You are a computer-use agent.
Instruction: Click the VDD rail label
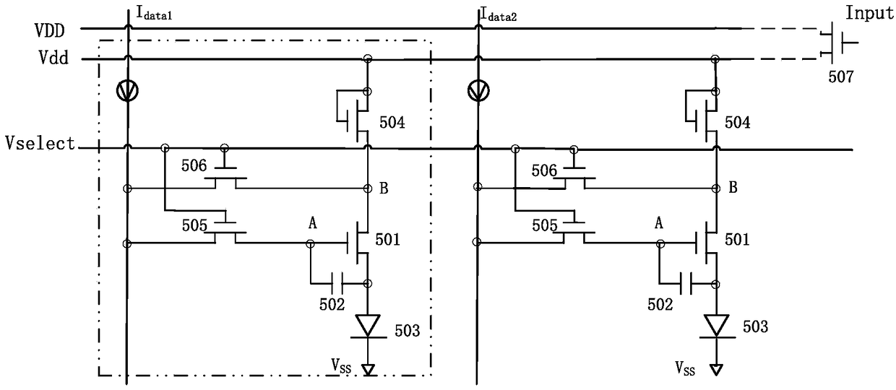click(x=50, y=31)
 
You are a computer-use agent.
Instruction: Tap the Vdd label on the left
click(x=53, y=58)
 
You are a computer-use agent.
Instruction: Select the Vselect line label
click(x=40, y=143)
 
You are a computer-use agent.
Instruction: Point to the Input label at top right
click(x=869, y=13)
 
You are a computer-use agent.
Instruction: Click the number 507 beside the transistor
click(x=841, y=77)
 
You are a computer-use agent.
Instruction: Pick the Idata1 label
click(x=154, y=14)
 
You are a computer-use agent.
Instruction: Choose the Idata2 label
click(x=499, y=14)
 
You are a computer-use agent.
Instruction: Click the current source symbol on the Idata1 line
click(x=128, y=91)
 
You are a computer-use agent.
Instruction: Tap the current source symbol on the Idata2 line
click(x=478, y=91)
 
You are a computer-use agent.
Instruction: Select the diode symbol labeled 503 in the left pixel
click(x=368, y=326)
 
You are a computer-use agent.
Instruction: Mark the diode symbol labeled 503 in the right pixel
click(x=716, y=326)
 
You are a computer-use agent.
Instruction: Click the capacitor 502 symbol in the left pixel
click(x=337, y=284)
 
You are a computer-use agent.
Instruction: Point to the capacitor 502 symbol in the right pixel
click(x=686, y=284)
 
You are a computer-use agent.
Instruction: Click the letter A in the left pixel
click(x=312, y=222)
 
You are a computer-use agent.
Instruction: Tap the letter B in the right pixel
click(x=733, y=187)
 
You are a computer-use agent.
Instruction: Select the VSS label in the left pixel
click(x=341, y=365)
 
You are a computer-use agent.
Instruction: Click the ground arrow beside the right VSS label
click(x=716, y=370)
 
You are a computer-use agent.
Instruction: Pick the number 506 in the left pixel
click(x=194, y=165)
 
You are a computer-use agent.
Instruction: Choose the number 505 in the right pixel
click(x=544, y=225)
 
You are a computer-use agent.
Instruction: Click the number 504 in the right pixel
click(x=737, y=122)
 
